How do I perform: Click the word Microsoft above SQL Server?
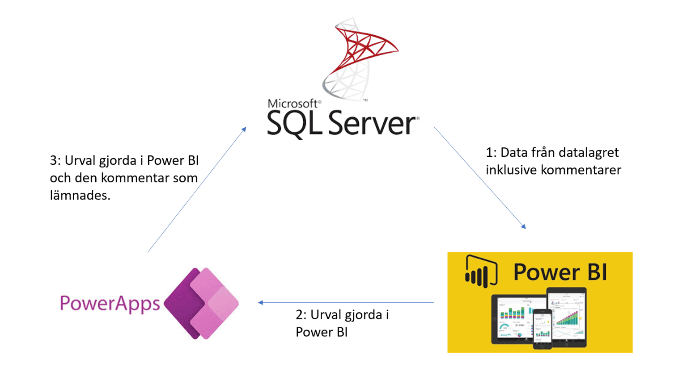coord(293,104)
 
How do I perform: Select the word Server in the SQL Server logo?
coord(372,124)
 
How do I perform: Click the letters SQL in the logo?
coord(294,124)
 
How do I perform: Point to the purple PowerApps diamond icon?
coord(201,303)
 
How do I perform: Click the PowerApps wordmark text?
coord(110,304)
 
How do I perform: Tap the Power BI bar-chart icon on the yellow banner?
coord(481,271)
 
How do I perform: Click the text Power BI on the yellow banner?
coord(560,272)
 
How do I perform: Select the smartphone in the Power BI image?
coord(542,328)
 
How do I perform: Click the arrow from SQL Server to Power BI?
coord(479,178)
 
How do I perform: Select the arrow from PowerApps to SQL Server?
coord(197,189)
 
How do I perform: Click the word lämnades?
coord(80,195)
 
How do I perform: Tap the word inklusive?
coord(511,170)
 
